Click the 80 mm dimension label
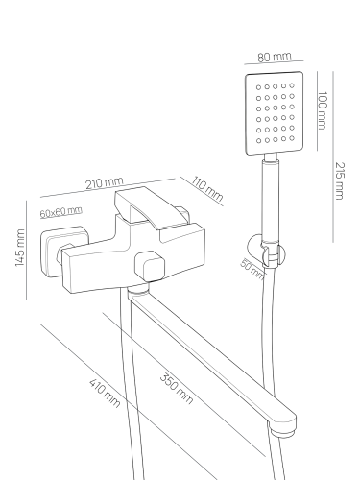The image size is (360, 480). point(275,57)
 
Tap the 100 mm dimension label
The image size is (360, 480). point(323,110)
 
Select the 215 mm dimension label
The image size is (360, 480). point(340,180)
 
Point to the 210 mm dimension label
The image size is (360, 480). point(104,182)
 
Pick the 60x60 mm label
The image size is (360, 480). point(61,212)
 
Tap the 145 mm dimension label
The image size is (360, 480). point(20,248)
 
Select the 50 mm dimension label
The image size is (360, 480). point(252,269)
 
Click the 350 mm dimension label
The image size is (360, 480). point(177,389)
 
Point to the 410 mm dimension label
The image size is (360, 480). point(105,393)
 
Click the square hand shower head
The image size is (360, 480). point(275,113)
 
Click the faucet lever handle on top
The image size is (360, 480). point(151,207)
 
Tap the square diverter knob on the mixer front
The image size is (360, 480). point(150,266)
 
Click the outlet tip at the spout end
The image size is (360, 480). point(283,432)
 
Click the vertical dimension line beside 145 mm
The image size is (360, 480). point(26,250)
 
